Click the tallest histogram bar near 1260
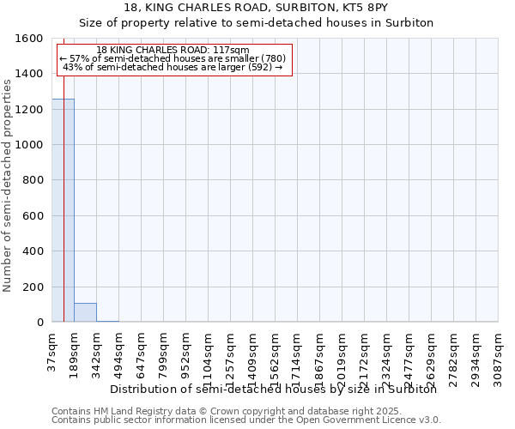63,210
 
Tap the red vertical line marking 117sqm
64,197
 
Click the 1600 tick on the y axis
29,39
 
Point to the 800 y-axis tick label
33,181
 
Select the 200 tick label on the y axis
33,287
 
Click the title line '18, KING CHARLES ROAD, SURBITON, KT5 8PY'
257,8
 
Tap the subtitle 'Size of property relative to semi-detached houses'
257,22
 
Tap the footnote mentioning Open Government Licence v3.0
245,420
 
